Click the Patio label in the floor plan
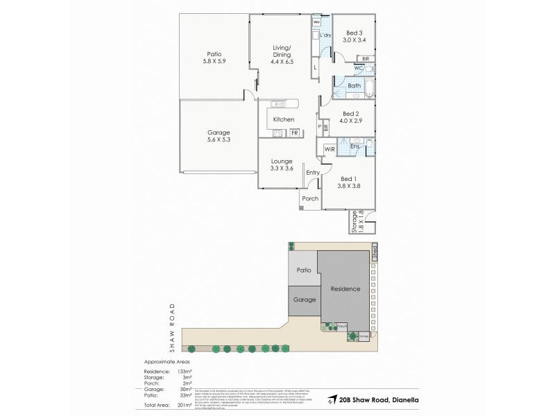(214, 54)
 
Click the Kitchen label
(284, 120)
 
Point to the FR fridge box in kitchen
(294, 132)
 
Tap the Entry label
(314, 173)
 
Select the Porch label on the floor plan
(310, 198)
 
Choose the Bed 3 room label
(355, 33)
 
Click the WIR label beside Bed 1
(330, 149)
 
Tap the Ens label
(355, 147)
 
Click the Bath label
(354, 86)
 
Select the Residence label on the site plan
(345, 289)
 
